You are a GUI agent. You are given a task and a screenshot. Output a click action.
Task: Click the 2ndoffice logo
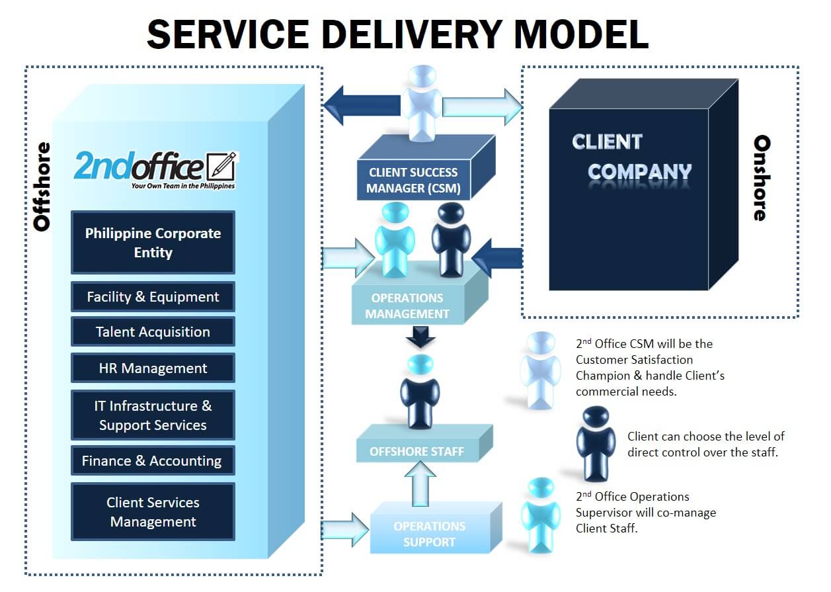155,169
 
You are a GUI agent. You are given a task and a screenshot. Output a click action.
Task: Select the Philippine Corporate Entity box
153,243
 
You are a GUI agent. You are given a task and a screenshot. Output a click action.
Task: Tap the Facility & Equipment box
153,297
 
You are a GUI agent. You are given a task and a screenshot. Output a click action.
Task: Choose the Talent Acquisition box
153,332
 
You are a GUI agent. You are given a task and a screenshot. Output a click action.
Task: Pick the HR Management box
153,368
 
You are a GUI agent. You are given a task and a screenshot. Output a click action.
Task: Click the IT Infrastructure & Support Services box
153,415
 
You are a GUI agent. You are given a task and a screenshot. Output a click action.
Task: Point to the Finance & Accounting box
153,461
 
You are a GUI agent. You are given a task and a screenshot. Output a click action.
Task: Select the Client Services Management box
153,512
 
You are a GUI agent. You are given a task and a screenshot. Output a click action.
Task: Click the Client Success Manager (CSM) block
413,180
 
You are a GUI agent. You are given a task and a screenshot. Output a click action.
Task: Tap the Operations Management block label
407,306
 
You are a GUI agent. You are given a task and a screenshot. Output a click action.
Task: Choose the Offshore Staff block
416,452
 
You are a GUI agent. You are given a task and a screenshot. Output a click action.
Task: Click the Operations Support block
429,534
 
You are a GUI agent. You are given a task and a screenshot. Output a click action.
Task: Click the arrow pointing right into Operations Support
344,529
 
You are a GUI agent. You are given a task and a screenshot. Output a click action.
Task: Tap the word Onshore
762,178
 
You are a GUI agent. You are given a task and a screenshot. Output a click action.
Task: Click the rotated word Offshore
42,187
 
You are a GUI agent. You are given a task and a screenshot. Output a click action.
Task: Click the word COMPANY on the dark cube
639,172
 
